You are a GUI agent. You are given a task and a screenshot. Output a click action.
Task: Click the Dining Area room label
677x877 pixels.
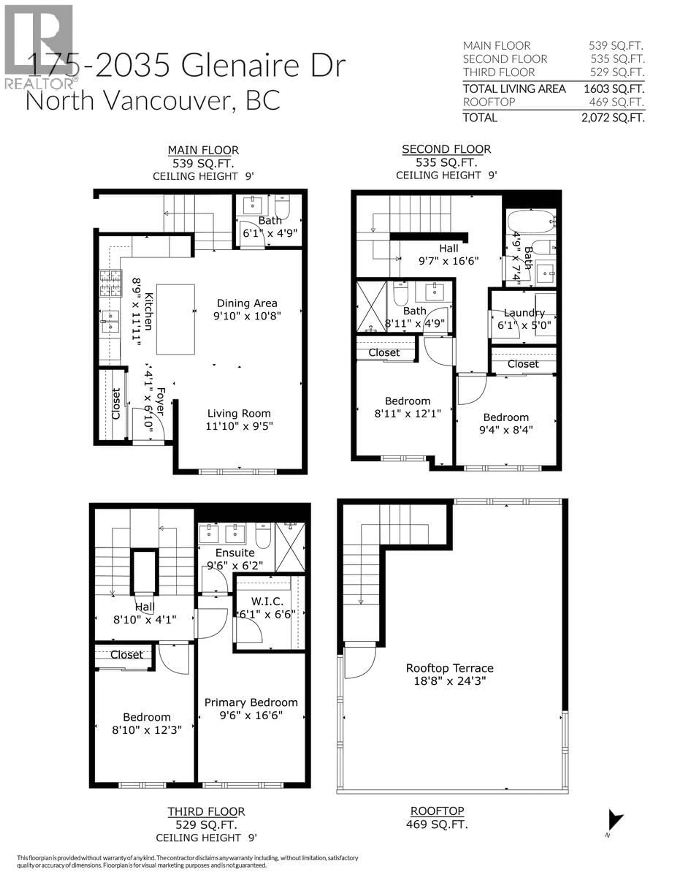[x=247, y=303]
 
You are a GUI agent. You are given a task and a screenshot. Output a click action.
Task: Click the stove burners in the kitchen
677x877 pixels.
[x=110, y=283]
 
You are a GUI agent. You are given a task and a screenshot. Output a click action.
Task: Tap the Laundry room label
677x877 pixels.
[x=524, y=313]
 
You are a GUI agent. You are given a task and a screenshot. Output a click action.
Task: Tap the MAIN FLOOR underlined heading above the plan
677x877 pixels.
[x=203, y=150]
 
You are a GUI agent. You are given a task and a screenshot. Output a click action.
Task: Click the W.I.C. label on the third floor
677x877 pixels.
[x=267, y=601]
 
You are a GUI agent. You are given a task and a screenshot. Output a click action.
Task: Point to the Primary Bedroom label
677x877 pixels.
[x=251, y=702]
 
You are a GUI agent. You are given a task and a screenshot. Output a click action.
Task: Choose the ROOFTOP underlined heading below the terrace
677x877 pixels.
[x=437, y=811]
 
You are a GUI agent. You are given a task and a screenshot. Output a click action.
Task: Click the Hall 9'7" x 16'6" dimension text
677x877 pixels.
[x=449, y=261]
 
